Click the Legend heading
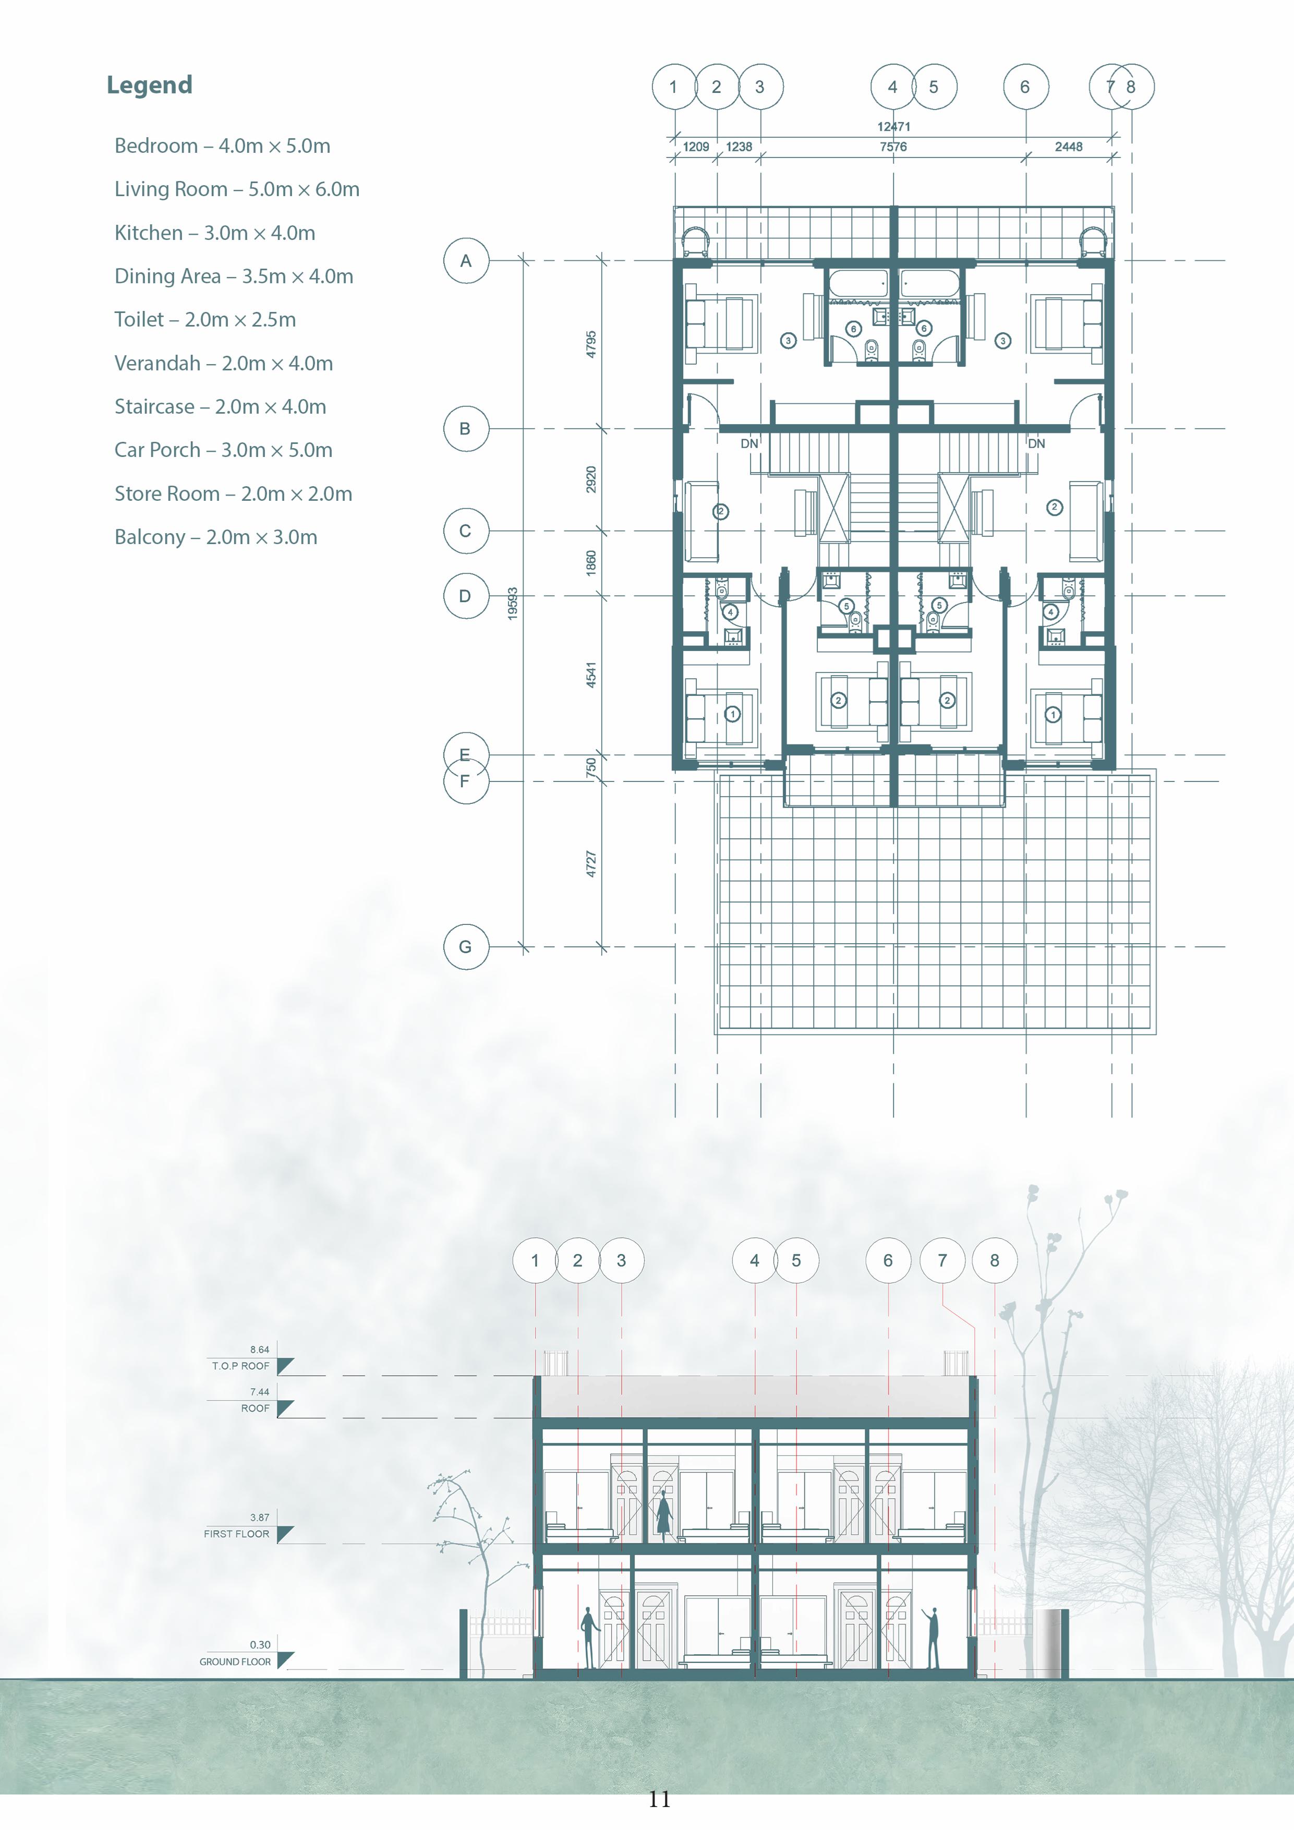click(149, 85)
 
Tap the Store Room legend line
click(233, 493)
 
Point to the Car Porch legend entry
click(223, 450)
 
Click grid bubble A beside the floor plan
click(465, 261)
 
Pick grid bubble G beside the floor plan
click(465, 947)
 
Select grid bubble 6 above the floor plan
click(1025, 87)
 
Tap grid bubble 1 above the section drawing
click(535, 1260)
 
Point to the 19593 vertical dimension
click(512, 604)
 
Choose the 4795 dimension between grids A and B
click(590, 344)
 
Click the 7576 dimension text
click(893, 147)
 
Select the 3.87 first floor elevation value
click(259, 1518)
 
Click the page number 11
click(659, 1799)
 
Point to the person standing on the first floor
click(663, 1513)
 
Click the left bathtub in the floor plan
click(857, 283)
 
